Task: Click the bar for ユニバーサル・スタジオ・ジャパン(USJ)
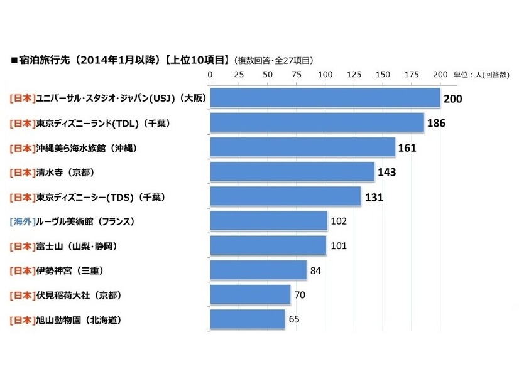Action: [324, 99]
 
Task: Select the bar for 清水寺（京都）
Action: [292, 172]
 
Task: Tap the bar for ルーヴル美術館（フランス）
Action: [268, 221]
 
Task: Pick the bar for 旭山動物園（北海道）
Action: [247, 319]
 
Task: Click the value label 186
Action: [436, 123]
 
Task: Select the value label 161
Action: [407, 147]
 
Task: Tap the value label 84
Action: [317, 270]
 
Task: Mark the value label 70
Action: [300, 295]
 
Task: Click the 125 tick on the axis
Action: [354, 75]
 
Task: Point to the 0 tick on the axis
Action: [210, 75]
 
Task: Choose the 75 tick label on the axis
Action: [297, 75]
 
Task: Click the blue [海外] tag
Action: [22, 221]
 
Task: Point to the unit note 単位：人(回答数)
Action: [481, 75]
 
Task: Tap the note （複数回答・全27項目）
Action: [273, 61]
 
